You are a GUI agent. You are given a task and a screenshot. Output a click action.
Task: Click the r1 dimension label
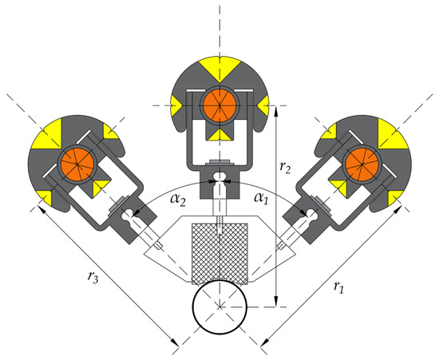(338, 287)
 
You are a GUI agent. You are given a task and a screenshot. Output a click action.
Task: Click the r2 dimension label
(285, 167)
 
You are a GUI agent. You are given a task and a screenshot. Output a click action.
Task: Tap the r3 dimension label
(93, 277)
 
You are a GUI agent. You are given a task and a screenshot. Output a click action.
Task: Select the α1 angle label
(261, 199)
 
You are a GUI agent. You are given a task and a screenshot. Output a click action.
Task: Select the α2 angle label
(178, 200)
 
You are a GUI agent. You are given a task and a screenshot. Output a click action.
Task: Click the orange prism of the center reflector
(219, 105)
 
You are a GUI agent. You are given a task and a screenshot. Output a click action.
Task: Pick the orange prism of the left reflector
(77, 164)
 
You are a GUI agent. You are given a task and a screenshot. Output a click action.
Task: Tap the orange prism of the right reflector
(362, 164)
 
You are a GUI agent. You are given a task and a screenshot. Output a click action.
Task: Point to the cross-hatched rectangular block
(219, 254)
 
